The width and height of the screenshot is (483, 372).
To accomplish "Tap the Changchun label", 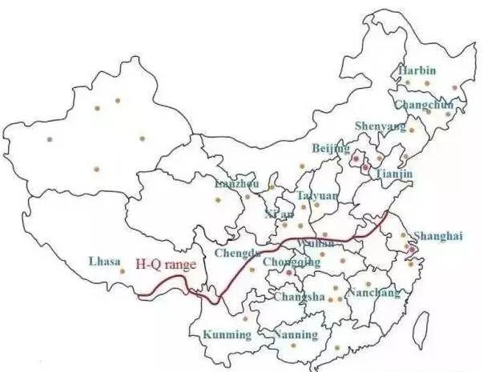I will (424, 105).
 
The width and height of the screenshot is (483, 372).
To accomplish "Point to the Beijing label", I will (331, 149).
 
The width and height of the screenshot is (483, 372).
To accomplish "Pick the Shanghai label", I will (438, 235).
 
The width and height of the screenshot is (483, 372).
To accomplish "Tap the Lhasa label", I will (105, 261).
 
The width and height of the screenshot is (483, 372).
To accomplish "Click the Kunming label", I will (226, 333).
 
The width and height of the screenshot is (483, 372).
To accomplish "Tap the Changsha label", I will (300, 297).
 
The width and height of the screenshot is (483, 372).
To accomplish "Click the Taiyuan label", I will (317, 195).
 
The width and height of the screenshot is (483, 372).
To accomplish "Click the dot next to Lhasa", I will (122, 271).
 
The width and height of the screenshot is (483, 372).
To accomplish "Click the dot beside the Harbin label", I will (407, 82).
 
